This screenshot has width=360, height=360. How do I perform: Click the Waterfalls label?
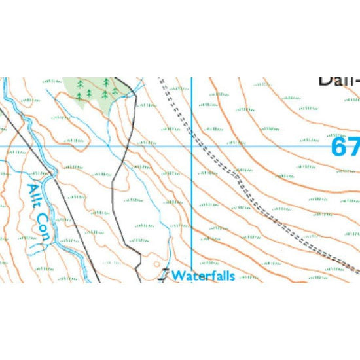[x=203, y=276]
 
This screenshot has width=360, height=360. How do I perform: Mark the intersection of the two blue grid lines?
[x=192, y=145]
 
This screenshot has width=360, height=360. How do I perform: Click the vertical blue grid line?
[x=192, y=209]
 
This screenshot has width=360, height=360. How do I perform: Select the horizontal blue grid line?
[x=262, y=145]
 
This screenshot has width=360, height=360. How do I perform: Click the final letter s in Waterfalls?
[x=232, y=276]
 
